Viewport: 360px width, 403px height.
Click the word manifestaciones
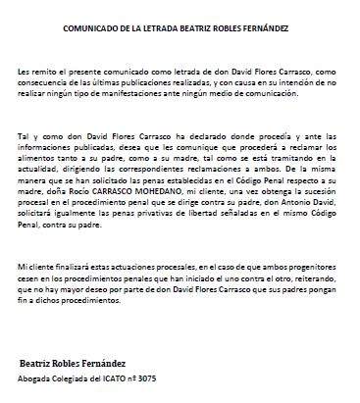coord(135,98)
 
